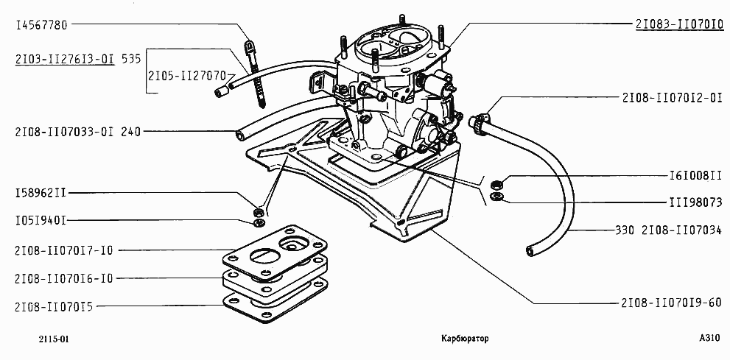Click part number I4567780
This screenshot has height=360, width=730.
click(x=41, y=24)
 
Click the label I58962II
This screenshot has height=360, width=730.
click(x=41, y=194)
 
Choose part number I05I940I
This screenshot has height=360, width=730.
click(x=41, y=220)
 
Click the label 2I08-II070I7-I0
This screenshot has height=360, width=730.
click(x=64, y=250)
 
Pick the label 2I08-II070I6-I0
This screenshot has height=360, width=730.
click(x=64, y=278)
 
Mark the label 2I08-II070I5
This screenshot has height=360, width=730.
click(x=59, y=305)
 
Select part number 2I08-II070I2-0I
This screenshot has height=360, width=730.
click(x=672, y=97)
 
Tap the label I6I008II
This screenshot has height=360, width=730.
click(x=689, y=177)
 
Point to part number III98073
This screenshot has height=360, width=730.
click(x=689, y=199)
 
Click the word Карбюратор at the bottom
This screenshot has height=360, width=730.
click(x=464, y=339)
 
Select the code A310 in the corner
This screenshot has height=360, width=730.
click(x=709, y=339)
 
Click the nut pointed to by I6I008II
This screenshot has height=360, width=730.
click(x=497, y=183)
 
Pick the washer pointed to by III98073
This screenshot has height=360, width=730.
click(x=496, y=197)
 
